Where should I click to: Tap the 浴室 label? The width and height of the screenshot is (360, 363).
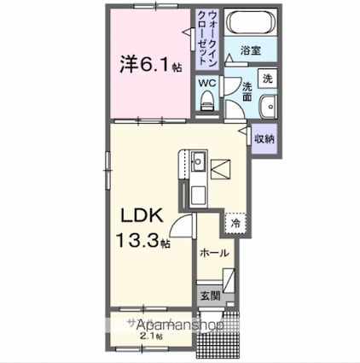pyautogui.click(x=249, y=50)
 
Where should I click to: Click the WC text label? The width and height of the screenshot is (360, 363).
pyautogui.click(x=206, y=83)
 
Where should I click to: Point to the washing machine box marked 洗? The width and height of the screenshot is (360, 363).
pyautogui.click(x=266, y=79)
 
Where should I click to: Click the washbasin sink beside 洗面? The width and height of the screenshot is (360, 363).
pyautogui.click(x=268, y=108)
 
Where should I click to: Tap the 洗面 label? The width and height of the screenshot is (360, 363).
pyautogui.click(x=245, y=91)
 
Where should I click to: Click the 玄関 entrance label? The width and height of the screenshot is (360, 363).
pyautogui.click(x=211, y=296)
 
